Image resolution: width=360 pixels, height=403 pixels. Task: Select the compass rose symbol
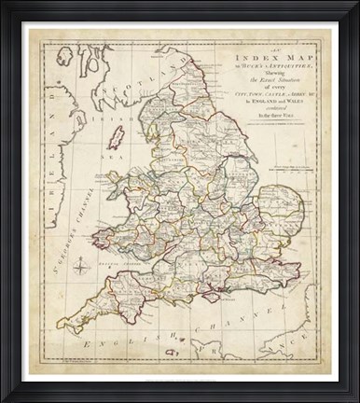[x=80, y=271]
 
